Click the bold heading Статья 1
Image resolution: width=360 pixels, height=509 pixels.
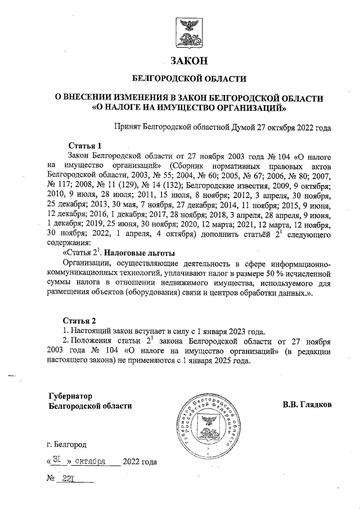pos(84,146)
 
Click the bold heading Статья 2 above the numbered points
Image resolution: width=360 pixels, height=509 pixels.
pos(78,321)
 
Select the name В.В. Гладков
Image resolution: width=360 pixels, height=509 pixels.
pos(307,404)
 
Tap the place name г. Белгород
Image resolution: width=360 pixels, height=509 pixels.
pos(67,445)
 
